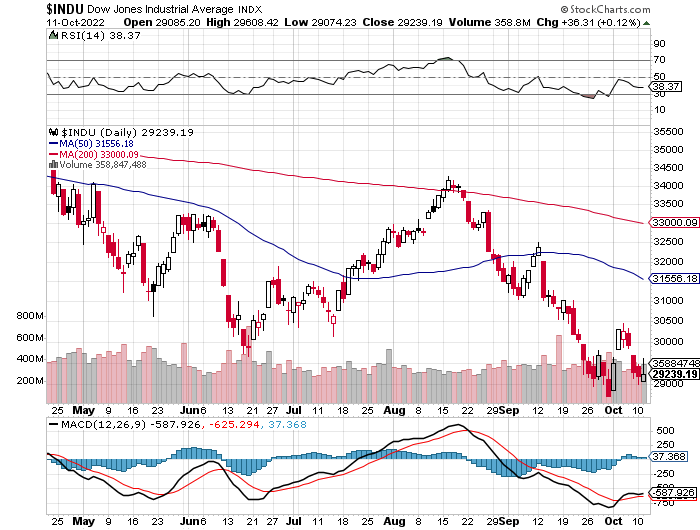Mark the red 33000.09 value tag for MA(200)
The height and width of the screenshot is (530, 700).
click(673, 223)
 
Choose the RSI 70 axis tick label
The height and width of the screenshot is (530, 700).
click(659, 60)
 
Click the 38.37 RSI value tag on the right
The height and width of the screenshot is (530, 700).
click(663, 86)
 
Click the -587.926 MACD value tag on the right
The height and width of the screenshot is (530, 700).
click(673, 493)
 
